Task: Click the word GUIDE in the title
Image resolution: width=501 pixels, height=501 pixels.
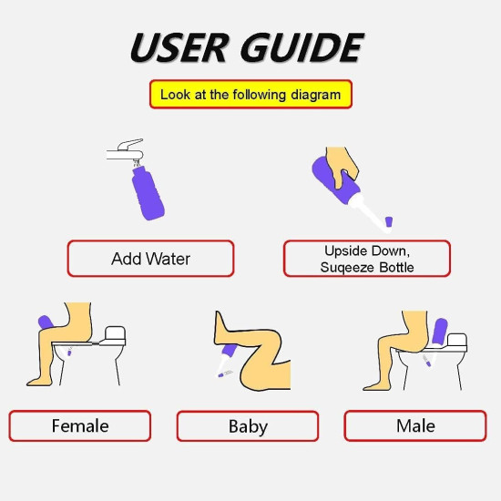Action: [x=302, y=47]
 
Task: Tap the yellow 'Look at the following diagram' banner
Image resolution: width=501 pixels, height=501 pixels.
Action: [x=250, y=94]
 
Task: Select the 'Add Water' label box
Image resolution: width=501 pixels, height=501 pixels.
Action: [x=150, y=259]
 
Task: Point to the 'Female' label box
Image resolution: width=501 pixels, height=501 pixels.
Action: [x=80, y=426]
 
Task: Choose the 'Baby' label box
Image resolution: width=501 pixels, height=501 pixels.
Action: [x=248, y=426]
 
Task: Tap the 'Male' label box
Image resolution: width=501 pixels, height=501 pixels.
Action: [x=415, y=426]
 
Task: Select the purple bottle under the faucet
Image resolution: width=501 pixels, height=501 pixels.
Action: [x=148, y=191]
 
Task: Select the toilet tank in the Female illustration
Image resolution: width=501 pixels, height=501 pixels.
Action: [x=118, y=336]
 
